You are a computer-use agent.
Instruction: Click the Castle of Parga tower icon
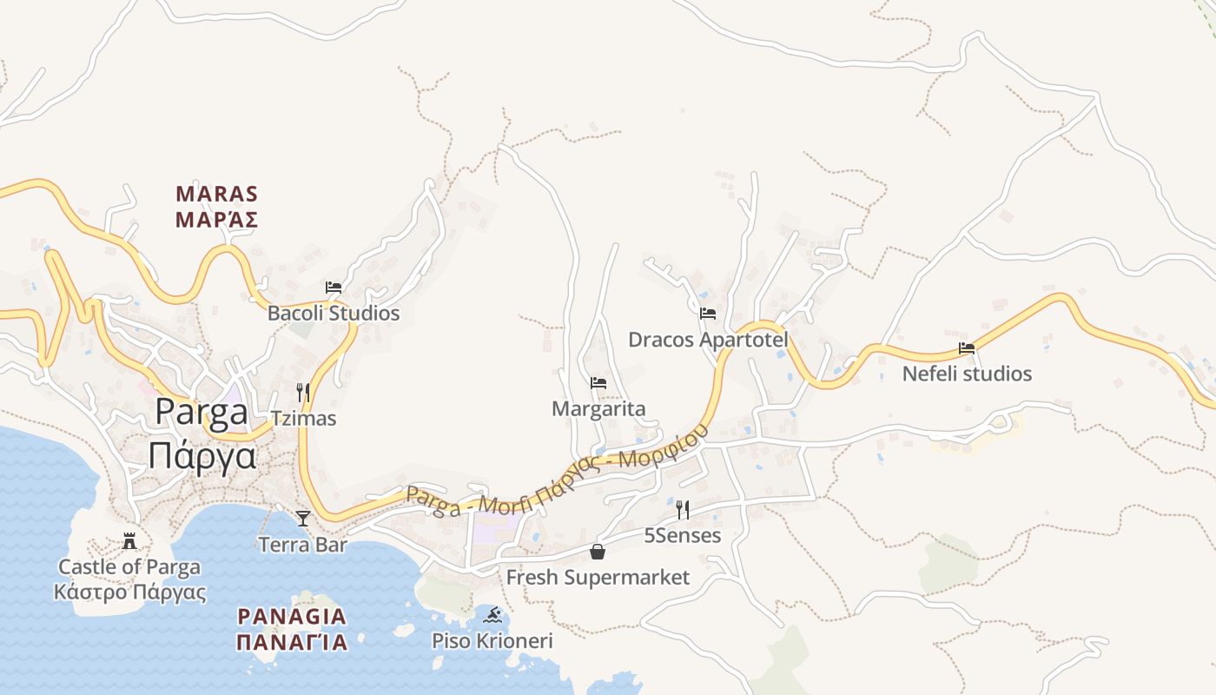129,541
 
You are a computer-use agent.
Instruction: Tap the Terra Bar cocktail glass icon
302,519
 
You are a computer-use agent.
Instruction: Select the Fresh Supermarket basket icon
598,551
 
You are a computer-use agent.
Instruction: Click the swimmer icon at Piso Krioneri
493,616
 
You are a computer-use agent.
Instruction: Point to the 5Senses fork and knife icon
683,509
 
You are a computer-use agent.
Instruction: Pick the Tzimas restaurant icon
302,392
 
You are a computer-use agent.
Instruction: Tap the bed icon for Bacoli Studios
334,287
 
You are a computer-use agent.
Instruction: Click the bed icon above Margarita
598,382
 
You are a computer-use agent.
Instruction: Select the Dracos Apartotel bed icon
708,313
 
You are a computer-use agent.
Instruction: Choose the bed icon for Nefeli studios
967,348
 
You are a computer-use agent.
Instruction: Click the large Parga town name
202,412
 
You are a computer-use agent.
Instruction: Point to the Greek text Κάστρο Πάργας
129,593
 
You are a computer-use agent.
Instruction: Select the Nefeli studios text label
967,374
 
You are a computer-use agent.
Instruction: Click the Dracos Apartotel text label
708,340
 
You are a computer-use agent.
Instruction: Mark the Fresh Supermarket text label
598,577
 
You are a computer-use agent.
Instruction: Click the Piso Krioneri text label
492,641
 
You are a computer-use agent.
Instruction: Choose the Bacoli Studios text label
334,313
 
